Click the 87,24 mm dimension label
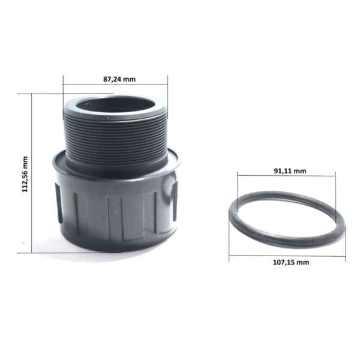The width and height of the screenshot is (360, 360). coord(119,79)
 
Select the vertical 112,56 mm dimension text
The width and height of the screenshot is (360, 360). coord(25,174)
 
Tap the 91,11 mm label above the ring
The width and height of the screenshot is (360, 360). coord(290,171)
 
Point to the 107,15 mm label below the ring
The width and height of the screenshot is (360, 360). coord(291,262)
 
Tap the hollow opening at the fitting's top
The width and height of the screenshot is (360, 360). coord(115,106)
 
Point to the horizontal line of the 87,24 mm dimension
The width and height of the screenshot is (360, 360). coord(115,85)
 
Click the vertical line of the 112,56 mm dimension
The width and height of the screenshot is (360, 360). coord(31,173)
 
